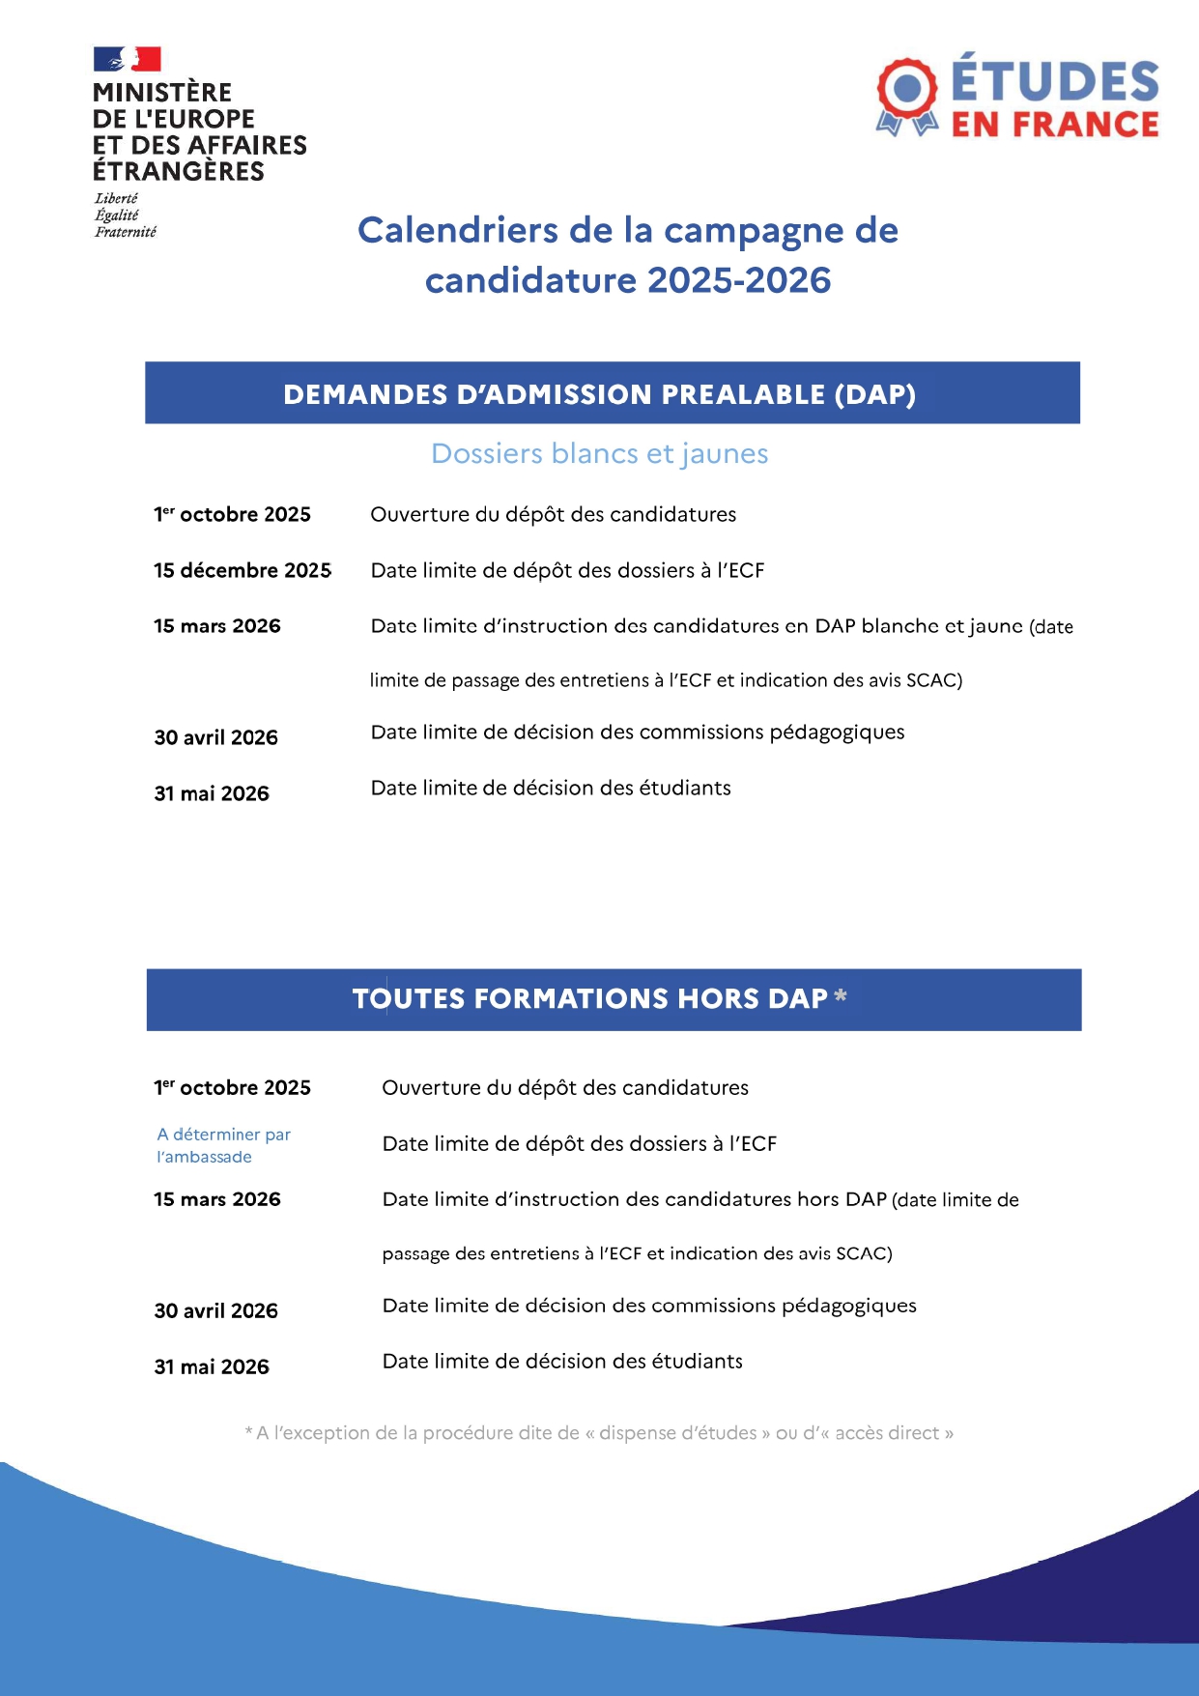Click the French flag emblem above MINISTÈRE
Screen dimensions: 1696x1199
click(127, 59)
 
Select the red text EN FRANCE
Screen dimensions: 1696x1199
click(1055, 125)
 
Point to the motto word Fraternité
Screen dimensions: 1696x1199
click(126, 232)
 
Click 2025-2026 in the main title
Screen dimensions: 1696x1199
click(739, 280)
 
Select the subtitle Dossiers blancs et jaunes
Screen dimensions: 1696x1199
click(599, 453)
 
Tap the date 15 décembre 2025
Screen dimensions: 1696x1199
click(242, 570)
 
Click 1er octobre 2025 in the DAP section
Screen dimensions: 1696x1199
click(232, 514)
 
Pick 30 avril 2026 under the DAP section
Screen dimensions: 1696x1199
click(215, 737)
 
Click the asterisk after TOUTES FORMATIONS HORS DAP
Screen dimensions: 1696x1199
click(841, 995)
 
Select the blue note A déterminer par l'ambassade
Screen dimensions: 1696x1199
click(223, 1145)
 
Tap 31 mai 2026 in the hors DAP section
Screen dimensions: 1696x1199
click(212, 1366)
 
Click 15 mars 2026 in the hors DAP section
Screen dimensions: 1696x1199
click(216, 1199)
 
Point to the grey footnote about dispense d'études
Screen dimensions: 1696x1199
click(599, 1433)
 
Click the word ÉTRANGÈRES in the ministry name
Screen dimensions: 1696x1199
click(178, 171)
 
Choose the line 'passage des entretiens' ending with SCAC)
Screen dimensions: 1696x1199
click(637, 1253)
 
